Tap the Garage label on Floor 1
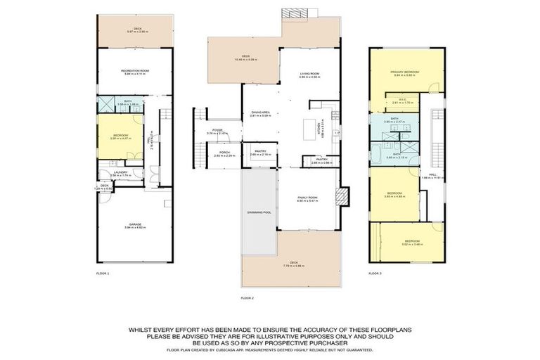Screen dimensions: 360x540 coord(134,225)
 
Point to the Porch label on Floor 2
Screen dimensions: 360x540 coord(224,152)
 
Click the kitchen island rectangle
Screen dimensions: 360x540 coord(310,130)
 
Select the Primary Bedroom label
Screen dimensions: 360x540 coord(406,71)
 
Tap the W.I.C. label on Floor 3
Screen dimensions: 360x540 coord(400,101)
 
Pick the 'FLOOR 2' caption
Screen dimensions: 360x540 coord(247,298)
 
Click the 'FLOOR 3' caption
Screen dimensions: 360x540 coord(375,271)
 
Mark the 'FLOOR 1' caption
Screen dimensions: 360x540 coord(103,271)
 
